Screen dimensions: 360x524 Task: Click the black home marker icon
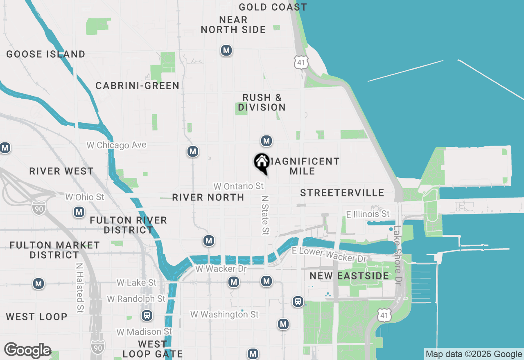coord(262,162)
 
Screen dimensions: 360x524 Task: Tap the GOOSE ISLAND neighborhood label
coord(46,54)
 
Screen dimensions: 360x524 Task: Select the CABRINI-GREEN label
coord(138,85)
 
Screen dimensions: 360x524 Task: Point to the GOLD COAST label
coord(273,7)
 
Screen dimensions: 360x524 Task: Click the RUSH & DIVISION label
coord(262,102)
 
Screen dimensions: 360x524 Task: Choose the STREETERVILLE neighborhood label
coord(342,193)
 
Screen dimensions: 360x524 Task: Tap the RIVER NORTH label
coord(208,197)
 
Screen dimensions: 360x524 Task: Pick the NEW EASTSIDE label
coord(349,276)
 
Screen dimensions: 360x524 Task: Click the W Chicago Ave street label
coord(116,145)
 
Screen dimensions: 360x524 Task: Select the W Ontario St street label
coord(239,186)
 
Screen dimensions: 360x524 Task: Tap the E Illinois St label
coord(368,214)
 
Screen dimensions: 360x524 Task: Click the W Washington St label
coord(224,314)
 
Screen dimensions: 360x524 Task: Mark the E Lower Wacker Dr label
coord(329,255)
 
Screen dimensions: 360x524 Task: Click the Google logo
coord(27,351)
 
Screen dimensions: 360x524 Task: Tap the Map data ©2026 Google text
coord(474,354)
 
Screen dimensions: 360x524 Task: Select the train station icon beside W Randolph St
coord(147,316)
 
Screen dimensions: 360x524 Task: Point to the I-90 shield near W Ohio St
coord(38,208)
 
